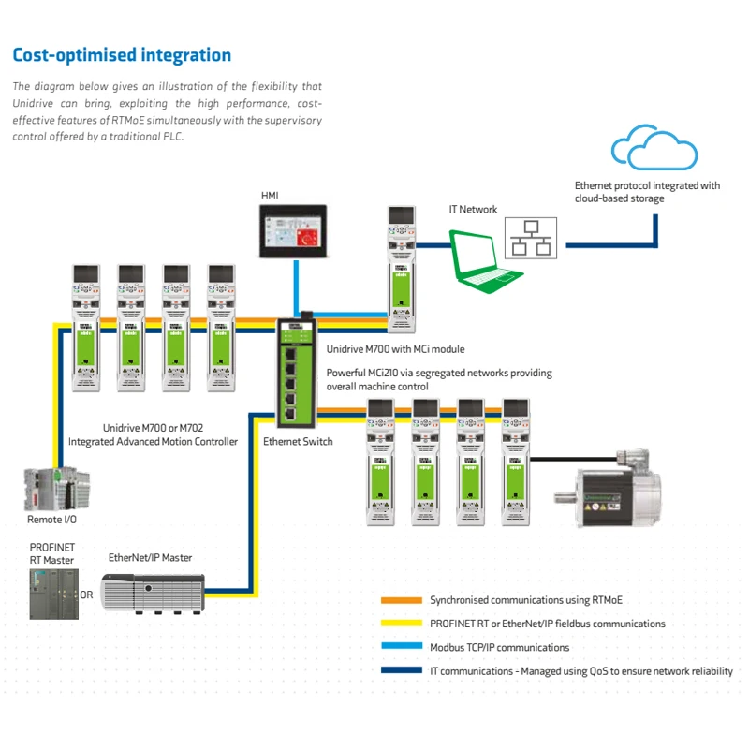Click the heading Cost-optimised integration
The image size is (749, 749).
pos(122,55)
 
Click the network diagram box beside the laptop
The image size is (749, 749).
pos(530,238)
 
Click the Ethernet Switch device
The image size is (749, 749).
pos(295,371)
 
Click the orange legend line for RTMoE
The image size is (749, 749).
pos(400,600)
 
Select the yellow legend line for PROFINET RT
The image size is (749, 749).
pos(400,624)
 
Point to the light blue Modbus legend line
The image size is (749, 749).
pos(400,647)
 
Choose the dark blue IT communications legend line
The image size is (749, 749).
pos(400,670)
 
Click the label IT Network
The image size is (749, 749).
pos(473,210)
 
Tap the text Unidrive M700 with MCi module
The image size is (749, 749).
pos(395,349)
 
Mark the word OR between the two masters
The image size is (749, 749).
pos(86,595)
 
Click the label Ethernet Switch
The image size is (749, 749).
pos(297,441)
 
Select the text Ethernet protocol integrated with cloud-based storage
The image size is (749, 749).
pos(647,192)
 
